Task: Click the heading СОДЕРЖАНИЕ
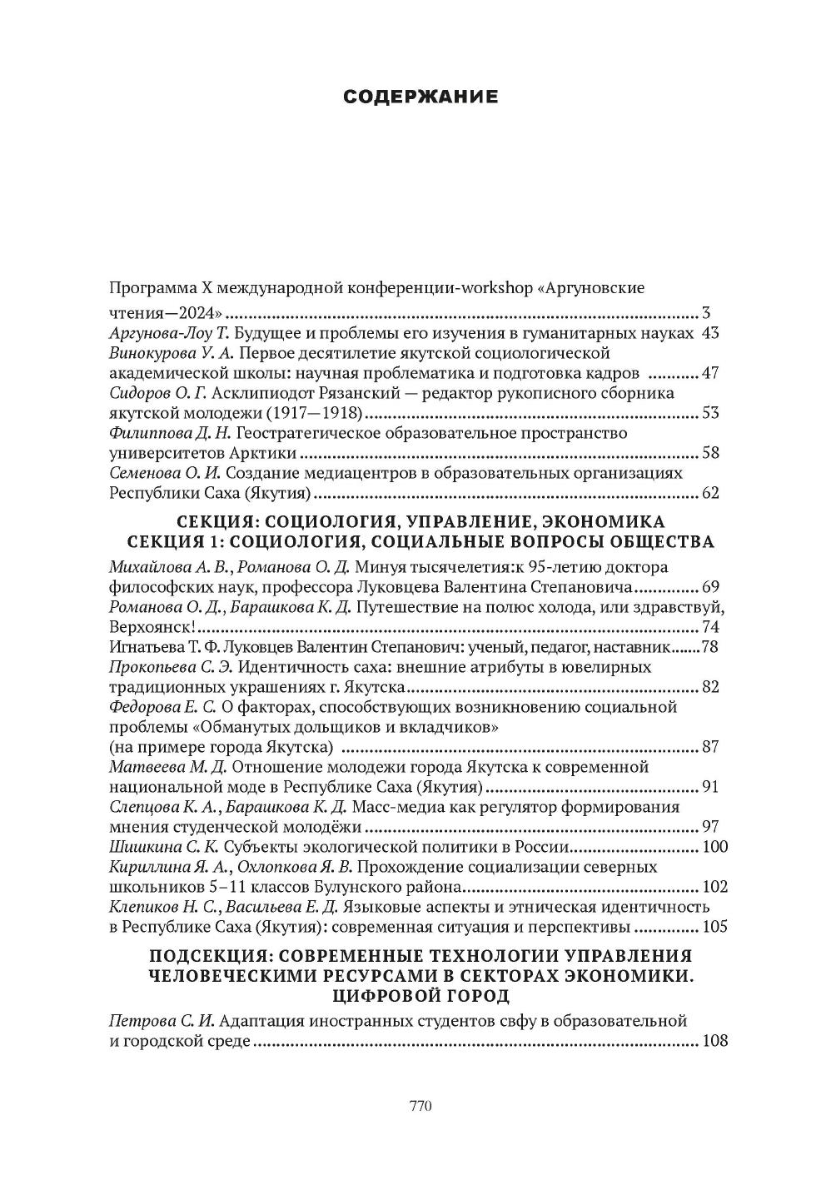click(420, 97)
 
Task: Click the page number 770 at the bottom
click(420, 1107)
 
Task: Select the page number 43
click(710, 333)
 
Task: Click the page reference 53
click(710, 413)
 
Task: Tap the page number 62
click(710, 493)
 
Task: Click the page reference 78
click(710, 647)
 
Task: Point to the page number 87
click(710, 746)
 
